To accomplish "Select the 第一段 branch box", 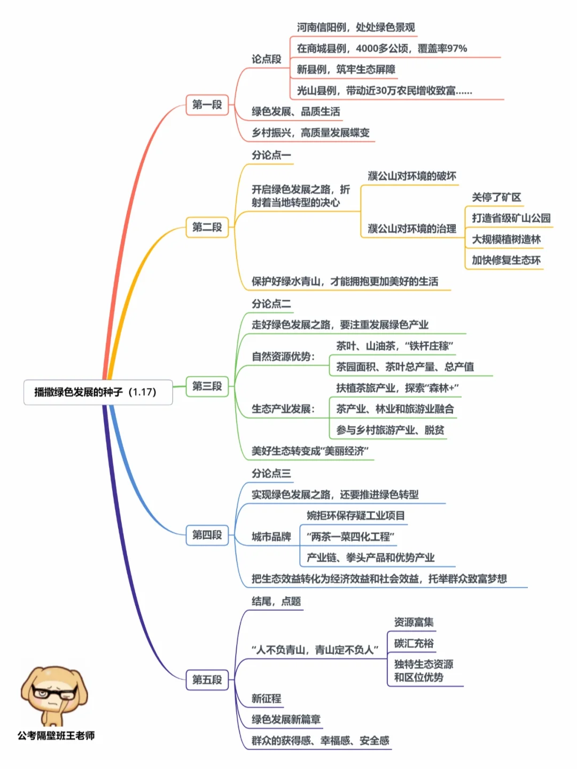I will pos(207,105).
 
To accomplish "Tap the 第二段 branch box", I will pos(207,227).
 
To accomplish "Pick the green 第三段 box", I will pos(207,386).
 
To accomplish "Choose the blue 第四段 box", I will pos(207,534).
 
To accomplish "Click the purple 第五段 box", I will pos(207,680).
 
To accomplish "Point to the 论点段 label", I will pos(266,59).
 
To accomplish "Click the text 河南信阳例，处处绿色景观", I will pos(355,27).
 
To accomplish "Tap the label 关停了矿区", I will pos(496,197).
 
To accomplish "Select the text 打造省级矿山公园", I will pos(511,218).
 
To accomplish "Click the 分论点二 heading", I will pos(271,304).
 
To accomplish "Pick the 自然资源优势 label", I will pos(283,356).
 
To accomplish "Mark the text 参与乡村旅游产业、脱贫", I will pos(390,430).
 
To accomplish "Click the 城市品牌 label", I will pos(271,537).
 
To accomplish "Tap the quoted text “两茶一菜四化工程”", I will pos(350,537).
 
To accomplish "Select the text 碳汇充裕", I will pos(414,643).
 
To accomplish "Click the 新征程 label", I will pos(266,698).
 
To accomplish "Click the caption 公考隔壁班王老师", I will pos(56,736).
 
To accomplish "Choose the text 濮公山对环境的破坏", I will pos(411,176).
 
